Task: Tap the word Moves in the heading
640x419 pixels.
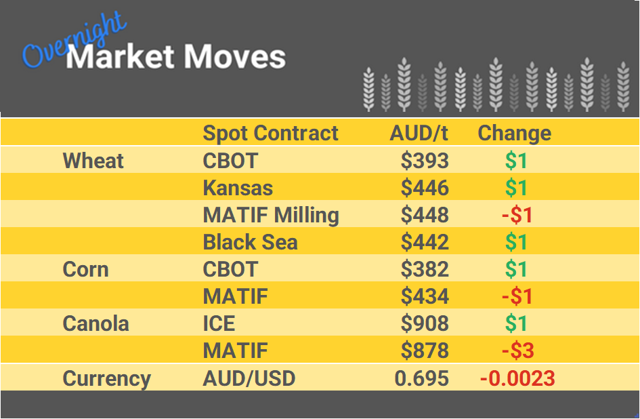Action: (234, 57)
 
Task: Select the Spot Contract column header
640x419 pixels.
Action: (270, 133)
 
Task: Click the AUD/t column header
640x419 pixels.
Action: (419, 133)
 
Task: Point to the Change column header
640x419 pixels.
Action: (514, 133)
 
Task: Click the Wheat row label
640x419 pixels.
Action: (93, 161)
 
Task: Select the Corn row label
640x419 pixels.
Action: (85, 269)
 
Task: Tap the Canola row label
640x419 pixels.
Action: (95, 323)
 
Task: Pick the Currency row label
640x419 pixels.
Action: (106, 378)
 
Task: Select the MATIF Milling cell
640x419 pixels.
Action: (271, 215)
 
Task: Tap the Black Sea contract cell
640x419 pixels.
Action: (250, 242)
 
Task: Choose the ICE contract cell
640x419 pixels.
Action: (218, 323)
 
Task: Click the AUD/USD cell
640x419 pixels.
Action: (249, 378)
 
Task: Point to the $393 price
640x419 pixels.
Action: (425, 161)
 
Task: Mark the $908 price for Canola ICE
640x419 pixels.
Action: (425, 323)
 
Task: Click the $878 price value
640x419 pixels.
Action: (425, 351)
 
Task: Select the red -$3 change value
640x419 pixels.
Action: (517, 351)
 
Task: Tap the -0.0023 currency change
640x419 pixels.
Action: (517, 378)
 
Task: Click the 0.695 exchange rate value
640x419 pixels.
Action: (421, 378)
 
